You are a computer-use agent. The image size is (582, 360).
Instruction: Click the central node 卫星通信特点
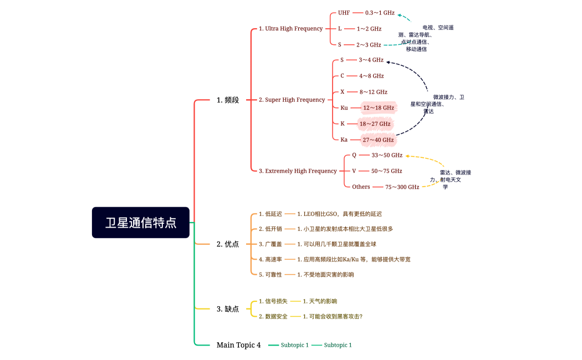coord(141,223)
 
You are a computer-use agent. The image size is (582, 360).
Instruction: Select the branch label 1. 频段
coord(228,100)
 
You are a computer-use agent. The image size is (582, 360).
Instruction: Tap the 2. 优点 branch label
coord(228,244)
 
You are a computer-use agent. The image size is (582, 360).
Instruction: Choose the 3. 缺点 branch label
coord(228,308)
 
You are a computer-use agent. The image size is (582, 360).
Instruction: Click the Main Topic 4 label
coord(238,345)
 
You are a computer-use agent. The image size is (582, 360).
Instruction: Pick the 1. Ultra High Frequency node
coord(290,28)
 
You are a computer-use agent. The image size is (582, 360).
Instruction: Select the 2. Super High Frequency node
coord(292,100)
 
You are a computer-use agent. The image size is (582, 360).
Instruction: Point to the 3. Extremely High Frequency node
coord(298,171)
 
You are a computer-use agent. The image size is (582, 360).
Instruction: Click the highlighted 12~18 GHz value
coord(379,107)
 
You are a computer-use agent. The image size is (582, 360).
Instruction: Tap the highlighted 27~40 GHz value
coord(378,140)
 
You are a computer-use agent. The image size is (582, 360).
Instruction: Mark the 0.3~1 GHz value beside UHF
coord(380,12)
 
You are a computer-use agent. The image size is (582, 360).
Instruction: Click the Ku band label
coord(344,108)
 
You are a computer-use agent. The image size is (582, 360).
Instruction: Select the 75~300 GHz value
coord(402,187)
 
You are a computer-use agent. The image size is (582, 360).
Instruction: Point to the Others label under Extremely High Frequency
coord(361,187)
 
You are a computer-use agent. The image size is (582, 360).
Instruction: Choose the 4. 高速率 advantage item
coord(270,259)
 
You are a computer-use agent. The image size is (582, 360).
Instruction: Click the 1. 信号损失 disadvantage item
coord(273,301)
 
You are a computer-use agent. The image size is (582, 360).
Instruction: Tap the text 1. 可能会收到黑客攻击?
coord(333,316)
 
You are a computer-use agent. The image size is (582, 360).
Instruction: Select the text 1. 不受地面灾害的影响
coord(325,274)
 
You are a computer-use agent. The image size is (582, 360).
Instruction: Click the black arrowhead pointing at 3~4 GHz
coord(388,62)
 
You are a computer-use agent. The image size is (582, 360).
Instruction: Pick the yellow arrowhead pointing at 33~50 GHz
coord(408,157)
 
